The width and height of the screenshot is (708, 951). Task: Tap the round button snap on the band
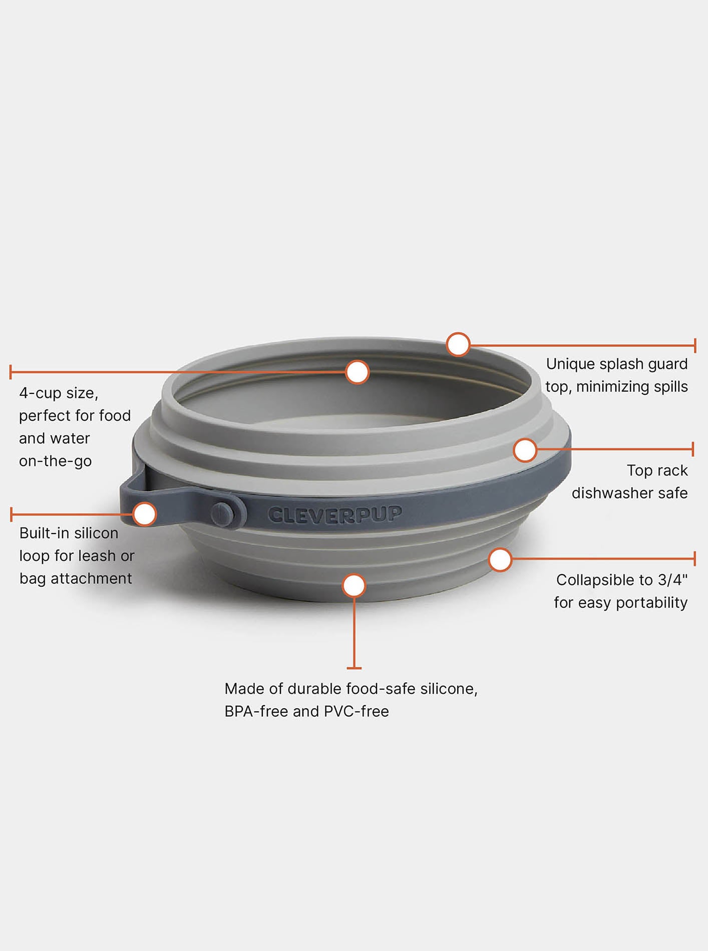point(222,514)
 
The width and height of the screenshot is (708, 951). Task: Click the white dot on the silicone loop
point(145,514)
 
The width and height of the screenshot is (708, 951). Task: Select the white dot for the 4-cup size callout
point(358,372)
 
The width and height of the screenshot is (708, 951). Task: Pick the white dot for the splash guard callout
point(458,344)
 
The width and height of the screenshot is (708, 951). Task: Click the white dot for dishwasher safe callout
point(525,450)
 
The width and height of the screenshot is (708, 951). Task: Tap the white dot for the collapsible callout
point(500,560)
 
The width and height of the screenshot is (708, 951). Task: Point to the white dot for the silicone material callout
point(354,585)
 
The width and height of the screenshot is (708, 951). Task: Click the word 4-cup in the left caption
point(40,393)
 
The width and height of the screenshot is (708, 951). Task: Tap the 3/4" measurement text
point(672,580)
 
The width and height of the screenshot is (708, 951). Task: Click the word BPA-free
point(256,711)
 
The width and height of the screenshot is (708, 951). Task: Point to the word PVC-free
point(356,711)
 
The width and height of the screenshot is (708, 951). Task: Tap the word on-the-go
point(55,461)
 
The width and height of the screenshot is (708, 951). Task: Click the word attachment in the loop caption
point(91,579)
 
